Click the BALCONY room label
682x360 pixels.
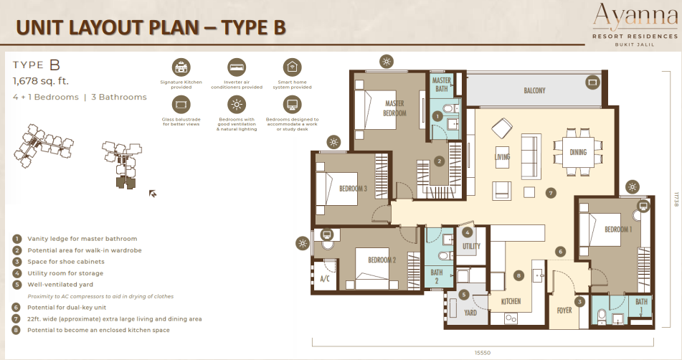[x=534, y=90]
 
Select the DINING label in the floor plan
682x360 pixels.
[x=579, y=152]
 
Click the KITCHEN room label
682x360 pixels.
[x=511, y=301]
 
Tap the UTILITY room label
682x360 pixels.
[x=470, y=246]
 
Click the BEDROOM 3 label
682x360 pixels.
[x=354, y=189]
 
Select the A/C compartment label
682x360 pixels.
[x=323, y=278]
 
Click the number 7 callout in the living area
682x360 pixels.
[x=550, y=193]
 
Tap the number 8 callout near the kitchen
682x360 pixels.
[x=519, y=275]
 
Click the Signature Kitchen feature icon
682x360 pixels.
[x=181, y=67]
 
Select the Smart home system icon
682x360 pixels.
[x=292, y=67]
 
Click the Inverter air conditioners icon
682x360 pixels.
[x=236, y=67]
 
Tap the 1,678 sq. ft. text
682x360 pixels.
[x=41, y=81]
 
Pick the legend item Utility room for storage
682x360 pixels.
[x=66, y=273]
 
